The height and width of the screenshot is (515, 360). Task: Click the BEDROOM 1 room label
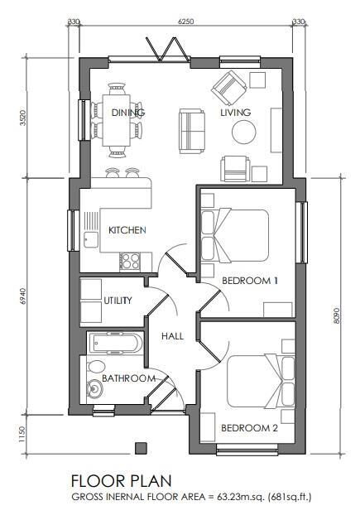(250, 281)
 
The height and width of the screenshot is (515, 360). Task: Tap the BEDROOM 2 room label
(249, 428)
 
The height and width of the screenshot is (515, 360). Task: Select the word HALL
(172, 336)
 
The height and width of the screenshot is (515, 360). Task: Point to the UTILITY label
(118, 301)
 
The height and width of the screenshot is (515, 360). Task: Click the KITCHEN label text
(127, 230)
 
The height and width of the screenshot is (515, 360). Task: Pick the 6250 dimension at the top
(185, 22)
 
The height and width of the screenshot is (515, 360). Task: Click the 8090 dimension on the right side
(336, 316)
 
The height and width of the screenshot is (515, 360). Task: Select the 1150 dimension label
(22, 434)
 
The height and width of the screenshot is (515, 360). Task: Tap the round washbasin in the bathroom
(95, 389)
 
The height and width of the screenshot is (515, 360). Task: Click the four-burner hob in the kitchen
(130, 262)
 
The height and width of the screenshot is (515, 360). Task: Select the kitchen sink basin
(90, 239)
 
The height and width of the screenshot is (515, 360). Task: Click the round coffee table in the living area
(244, 132)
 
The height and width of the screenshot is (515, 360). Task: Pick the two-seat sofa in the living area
(192, 132)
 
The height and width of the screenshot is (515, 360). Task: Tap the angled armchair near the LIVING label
(229, 87)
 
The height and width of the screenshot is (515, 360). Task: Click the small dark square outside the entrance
(141, 448)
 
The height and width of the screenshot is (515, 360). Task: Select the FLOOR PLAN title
(121, 481)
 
